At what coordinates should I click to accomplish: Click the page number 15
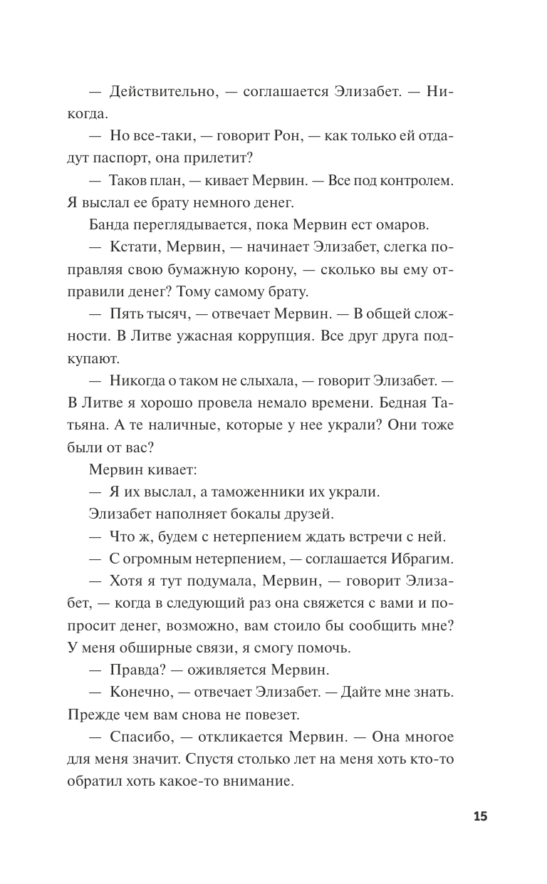click(x=479, y=816)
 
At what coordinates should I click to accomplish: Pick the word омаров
click(x=400, y=227)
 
